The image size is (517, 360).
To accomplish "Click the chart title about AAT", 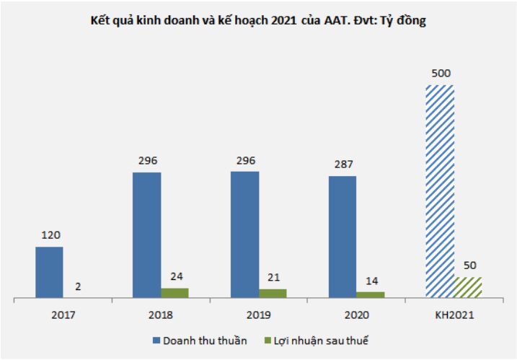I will point(258,22).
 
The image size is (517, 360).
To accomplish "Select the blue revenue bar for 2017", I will point(49,272).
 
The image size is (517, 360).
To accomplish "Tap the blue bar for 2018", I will point(146,234).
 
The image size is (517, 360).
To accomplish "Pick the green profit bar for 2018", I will point(174,292).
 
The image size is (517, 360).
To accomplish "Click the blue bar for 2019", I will point(244,234).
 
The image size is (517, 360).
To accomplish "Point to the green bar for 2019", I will point(273,293).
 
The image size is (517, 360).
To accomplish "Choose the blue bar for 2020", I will point(343,237).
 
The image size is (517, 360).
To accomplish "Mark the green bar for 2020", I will point(371,294).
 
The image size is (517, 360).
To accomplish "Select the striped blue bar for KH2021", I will point(440,191).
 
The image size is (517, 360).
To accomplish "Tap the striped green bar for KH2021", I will point(468,287).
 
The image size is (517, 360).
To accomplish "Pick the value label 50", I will point(468,265).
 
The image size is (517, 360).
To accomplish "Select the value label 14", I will point(371,281).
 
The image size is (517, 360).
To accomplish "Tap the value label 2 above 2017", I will point(77,286).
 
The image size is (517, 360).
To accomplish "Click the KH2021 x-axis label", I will point(454,315).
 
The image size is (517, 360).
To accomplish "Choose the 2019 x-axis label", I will point(258,315).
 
